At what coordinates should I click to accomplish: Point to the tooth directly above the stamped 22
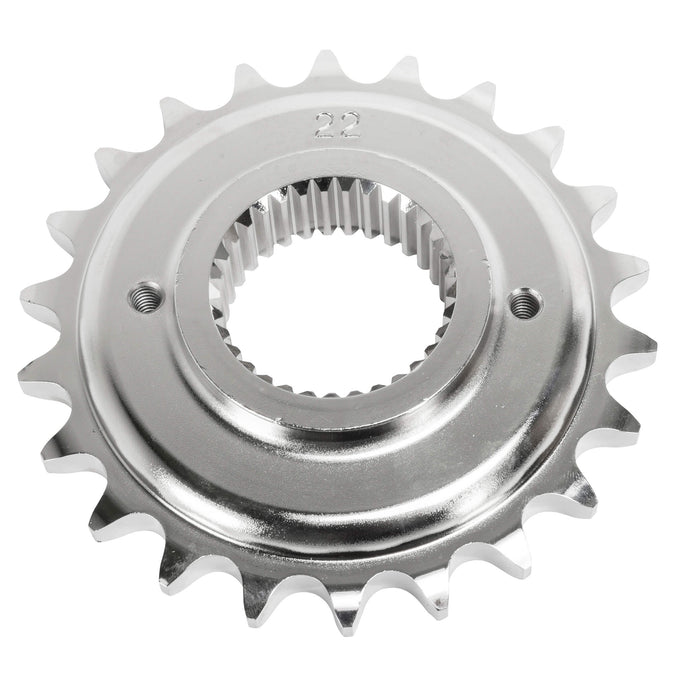tap(327, 68)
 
